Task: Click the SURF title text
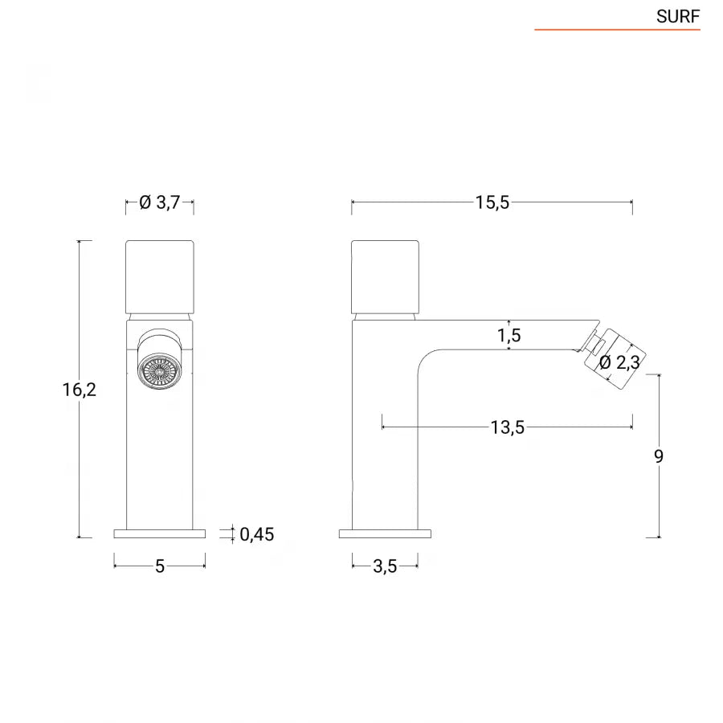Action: click(x=678, y=16)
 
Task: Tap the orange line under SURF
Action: click(x=617, y=31)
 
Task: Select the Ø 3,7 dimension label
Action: click(x=159, y=202)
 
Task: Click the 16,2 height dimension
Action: click(x=79, y=390)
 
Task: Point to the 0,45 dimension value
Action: click(x=256, y=534)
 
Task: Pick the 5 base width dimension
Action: click(x=159, y=566)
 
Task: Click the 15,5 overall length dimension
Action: click(x=492, y=202)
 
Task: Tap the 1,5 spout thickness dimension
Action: click(x=509, y=335)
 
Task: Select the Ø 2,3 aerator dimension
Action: click(x=619, y=362)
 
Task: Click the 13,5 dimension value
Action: click(x=507, y=427)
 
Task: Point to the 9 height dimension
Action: click(x=659, y=456)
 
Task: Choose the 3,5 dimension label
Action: click(x=385, y=566)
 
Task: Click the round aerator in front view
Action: click(x=159, y=372)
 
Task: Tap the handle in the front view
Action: click(x=159, y=276)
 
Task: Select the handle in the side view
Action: click(x=385, y=276)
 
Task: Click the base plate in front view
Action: click(x=159, y=533)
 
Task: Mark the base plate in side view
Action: click(x=385, y=533)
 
